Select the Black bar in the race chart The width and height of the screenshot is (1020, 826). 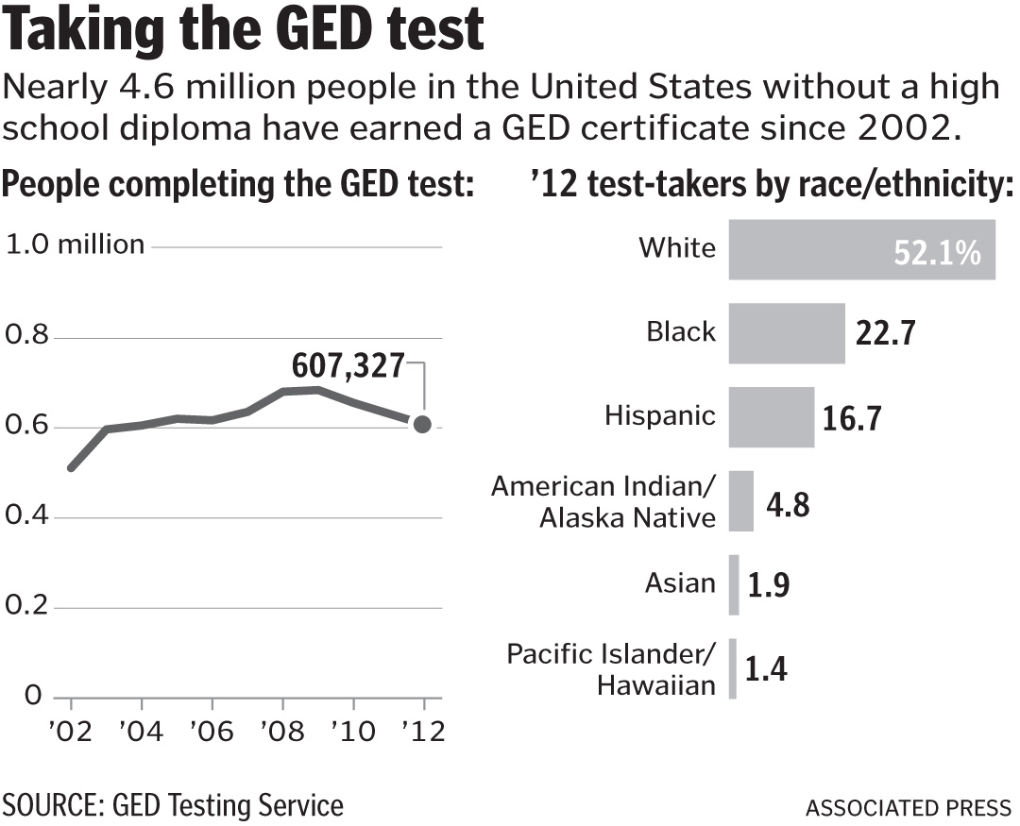[x=786, y=333]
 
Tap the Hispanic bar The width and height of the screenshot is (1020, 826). [x=771, y=417]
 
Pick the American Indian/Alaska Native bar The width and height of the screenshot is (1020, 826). [x=740, y=501]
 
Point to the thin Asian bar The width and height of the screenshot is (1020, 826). [x=734, y=584]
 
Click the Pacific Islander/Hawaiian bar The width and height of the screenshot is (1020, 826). [x=733, y=668]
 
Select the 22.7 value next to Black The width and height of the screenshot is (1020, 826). [x=885, y=334]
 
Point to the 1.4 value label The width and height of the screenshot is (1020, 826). [x=766, y=669]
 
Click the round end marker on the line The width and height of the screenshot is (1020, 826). [x=422, y=425]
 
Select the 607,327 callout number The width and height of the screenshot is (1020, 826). [x=348, y=363]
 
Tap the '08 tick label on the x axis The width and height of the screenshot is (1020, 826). [x=280, y=733]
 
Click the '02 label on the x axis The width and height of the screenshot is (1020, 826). [x=70, y=733]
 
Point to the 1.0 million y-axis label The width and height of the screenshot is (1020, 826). [x=76, y=245]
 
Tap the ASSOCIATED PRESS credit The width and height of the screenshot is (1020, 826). [x=908, y=808]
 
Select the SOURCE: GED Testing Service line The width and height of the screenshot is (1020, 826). [x=173, y=806]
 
